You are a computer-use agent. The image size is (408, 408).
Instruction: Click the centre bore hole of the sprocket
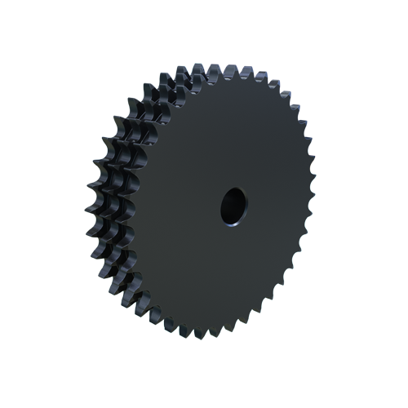[x=232, y=205]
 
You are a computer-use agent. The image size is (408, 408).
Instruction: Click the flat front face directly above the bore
[x=232, y=139]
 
